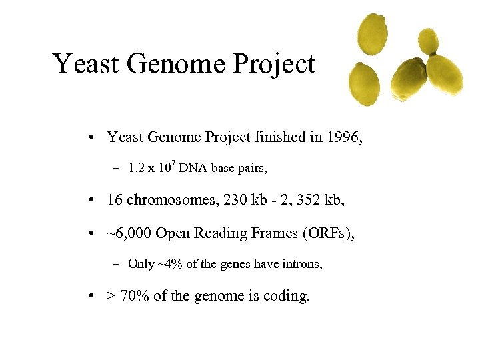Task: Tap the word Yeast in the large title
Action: pos(85,64)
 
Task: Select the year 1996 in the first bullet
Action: pos(345,137)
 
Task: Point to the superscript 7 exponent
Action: pos(173,163)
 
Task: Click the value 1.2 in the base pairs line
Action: pos(137,169)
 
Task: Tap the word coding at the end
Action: pos(287,295)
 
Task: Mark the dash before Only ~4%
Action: pos(116,265)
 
